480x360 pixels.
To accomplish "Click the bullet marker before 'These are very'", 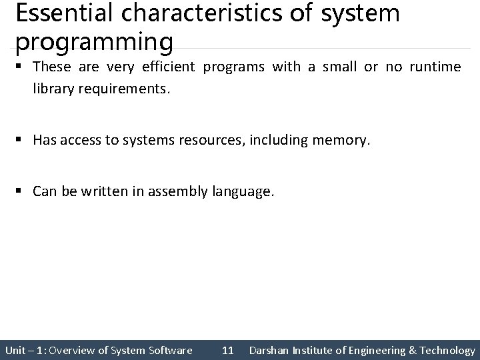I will [21, 67].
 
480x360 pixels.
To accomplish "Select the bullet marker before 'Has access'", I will [21, 139].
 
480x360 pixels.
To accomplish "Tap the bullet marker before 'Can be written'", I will [21, 192].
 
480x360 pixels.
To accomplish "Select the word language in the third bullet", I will [243, 192].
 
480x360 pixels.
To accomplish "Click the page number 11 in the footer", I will [227, 350].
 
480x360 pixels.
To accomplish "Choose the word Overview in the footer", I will [73, 350].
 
